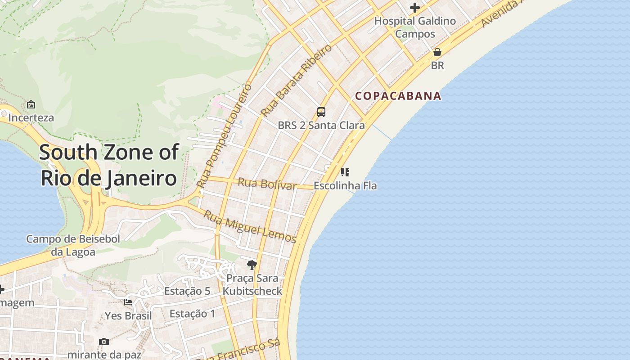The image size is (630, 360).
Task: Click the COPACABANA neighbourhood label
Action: pos(398,96)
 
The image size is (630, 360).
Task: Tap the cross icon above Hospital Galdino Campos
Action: pos(415,8)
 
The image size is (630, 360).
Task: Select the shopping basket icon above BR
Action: pos(437,53)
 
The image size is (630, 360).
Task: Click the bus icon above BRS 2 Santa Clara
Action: pos(321,112)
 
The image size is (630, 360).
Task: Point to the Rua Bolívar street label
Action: pos(267,184)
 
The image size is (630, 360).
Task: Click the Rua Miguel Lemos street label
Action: pos(250,226)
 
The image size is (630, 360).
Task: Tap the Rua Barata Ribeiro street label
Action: pos(297,80)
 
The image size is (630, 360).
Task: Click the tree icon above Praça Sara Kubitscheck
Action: pos(252,265)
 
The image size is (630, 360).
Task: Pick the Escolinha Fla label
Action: pos(345,185)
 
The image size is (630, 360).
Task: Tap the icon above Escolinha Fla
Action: pos(345,172)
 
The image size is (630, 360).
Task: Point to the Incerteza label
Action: pos(31,118)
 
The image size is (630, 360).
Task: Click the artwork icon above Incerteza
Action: pos(31,104)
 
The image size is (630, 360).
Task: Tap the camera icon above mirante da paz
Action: pos(104,342)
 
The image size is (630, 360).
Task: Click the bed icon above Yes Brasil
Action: pos(128,302)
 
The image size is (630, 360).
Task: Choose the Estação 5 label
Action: pos(187,291)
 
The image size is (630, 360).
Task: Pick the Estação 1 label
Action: pos(193,314)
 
